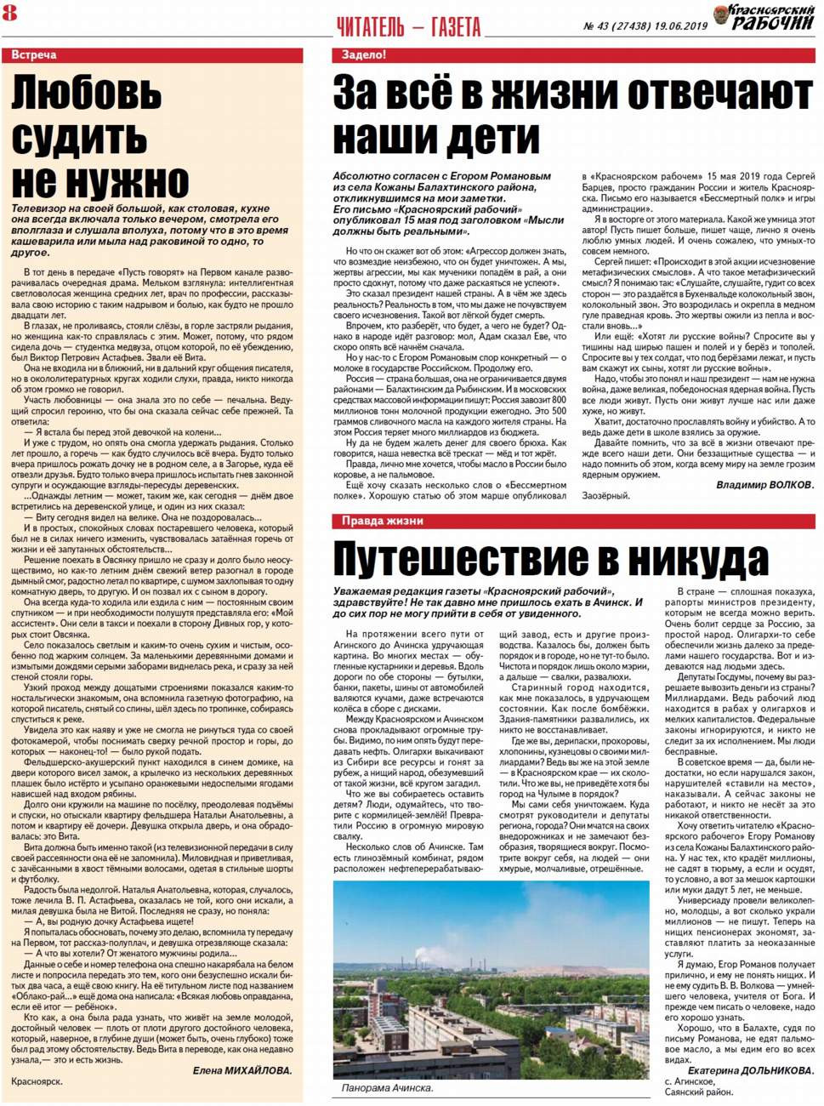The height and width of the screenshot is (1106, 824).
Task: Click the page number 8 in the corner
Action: coord(9,12)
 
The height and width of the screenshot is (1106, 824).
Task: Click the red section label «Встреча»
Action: coord(34,55)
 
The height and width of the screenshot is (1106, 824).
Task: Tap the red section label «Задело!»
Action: coord(363,55)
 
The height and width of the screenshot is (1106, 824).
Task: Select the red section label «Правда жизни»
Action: coord(382,521)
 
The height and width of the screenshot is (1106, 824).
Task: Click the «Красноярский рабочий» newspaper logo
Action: coord(771,17)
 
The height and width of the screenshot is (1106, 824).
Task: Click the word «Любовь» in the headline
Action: coord(86,94)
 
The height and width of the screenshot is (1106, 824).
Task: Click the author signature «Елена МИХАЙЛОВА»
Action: coord(242,1071)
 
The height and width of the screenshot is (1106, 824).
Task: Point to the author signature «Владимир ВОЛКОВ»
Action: coord(764,485)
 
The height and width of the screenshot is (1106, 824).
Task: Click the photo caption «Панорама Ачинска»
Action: coord(387,1088)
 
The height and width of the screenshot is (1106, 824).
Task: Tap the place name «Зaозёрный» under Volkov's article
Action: coord(605,496)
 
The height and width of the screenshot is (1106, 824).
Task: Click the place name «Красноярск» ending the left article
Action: coord(37,1082)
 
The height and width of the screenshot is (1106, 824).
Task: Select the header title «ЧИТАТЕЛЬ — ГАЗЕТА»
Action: coord(409,27)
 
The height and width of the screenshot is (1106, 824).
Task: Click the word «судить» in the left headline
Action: coord(79,138)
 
